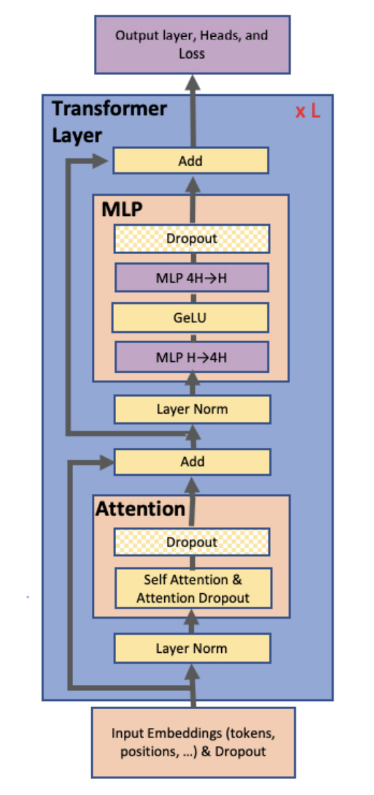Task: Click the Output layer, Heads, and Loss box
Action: pyautogui.click(x=192, y=44)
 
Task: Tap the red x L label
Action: pyautogui.click(x=308, y=111)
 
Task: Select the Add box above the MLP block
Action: pyautogui.click(x=190, y=161)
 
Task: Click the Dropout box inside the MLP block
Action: pyautogui.click(x=192, y=239)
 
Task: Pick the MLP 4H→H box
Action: pyautogui.click(x=192, y=278)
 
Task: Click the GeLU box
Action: pyautogui.click(x=190, y=318)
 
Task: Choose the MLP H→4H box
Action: pyautogui.click(x=192, y=357)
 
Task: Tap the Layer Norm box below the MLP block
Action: pyautogui.click(x=192, y=409)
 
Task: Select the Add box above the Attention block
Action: pyautogui.click(x=192, y=462)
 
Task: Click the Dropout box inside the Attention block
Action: pyautogui.click(x=192, y=542)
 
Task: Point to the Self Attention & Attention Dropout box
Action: pyautogui.click(x=193, y=588)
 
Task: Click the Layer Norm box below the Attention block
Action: pyautogui.click(x=192, y=648)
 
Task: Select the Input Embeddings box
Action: pyautogui.click(x=193, y=742)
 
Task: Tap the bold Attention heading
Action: pyautogui.click(x=140, y=509)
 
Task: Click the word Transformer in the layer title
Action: pyautogui.click(x=109, y=109)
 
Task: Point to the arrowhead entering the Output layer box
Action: pyautogui.click(x=193, y=82)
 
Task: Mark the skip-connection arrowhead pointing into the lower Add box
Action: pyautogui.click(x=106, y=461)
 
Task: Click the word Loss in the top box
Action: pyautogui.click(x=192, y=53)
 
